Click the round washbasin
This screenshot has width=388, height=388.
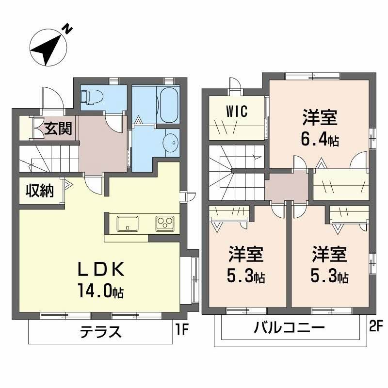170,143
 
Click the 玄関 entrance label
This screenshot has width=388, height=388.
59,129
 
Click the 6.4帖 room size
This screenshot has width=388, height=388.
320,140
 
